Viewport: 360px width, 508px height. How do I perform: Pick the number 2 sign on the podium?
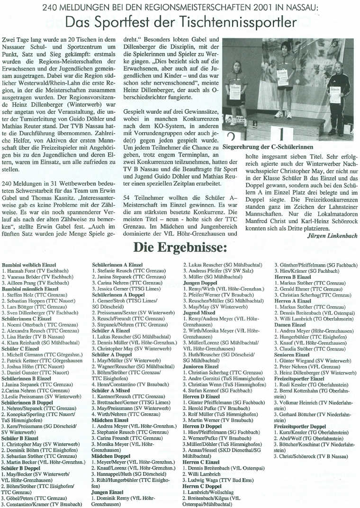[231, 138]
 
